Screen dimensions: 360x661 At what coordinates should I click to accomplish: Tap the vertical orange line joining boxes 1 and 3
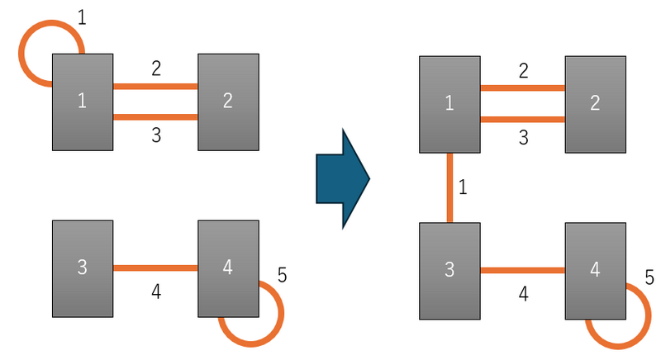450,188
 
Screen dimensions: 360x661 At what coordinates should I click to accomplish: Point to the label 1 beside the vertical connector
463,187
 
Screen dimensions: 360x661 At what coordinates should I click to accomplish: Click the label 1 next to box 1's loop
81,16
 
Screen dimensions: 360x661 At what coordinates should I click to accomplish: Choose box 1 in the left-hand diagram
83,102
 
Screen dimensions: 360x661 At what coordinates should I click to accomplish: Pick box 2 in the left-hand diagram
228,102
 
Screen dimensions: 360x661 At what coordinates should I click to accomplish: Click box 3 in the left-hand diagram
83,268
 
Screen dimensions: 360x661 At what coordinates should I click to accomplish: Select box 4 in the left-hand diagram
228,268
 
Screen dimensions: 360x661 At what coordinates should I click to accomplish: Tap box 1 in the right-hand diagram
449,104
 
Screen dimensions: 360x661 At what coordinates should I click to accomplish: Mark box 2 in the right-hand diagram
595,104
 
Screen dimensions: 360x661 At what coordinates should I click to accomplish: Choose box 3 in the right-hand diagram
449,271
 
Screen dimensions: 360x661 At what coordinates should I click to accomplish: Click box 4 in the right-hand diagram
595,271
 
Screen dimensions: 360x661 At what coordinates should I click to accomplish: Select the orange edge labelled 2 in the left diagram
155,86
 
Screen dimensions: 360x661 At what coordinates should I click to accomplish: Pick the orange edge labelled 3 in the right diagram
522,120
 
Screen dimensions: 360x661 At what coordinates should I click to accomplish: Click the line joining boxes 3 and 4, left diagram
155,268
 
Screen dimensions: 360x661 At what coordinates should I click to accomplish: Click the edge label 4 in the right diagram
522,292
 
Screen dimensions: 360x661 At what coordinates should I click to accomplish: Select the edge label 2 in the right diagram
523,71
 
